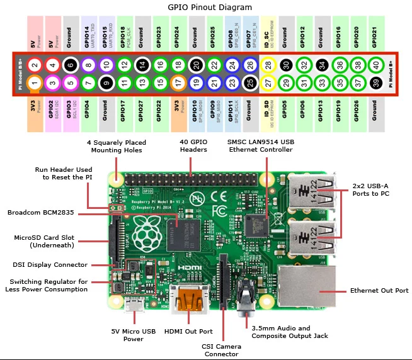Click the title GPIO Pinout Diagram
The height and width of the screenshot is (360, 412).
206,8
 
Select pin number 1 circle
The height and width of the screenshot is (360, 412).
35,82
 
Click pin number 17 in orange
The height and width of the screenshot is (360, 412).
178,82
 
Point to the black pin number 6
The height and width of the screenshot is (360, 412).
71,65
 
